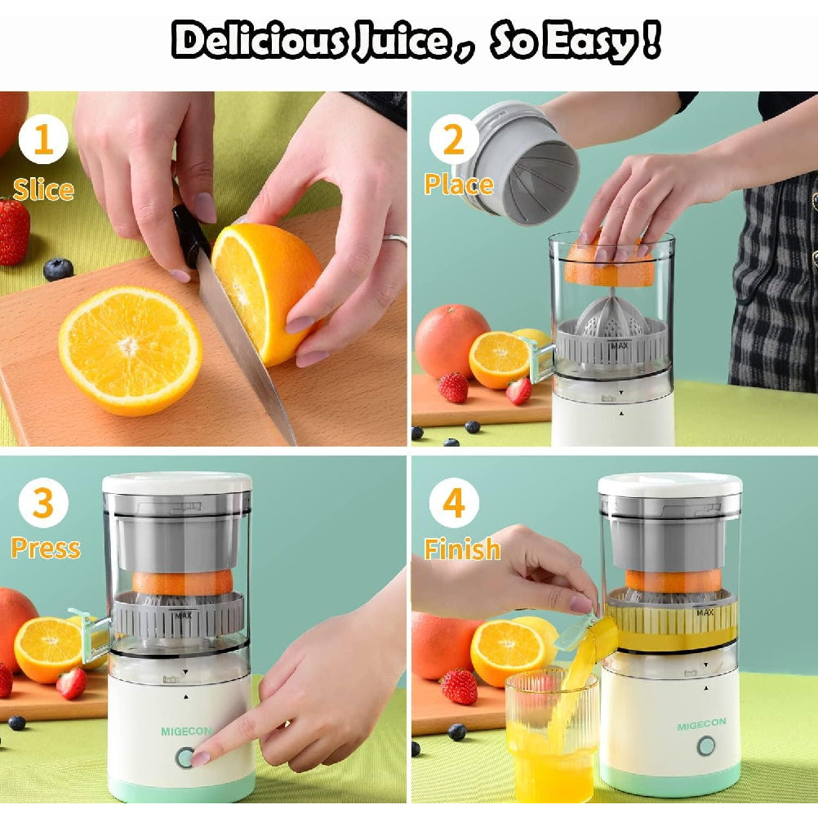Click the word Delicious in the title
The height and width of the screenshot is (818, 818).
(260, 41)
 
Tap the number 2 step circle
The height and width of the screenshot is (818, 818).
(454, 140)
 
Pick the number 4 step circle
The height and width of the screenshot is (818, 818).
(454, 504)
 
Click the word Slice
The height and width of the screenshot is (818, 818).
(43, 189)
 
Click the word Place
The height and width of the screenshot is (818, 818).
(459, 184)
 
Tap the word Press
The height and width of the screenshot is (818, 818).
(46, 548)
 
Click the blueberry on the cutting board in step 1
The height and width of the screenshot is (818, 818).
(58, 269)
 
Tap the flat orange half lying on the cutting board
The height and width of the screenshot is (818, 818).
(131, 349)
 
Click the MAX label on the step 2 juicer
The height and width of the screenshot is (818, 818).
(619, 345)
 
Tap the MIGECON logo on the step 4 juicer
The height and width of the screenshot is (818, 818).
(700, 726)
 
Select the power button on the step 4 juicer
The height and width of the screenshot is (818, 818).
(705, 746)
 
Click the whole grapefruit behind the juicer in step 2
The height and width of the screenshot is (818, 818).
(451, 340)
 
